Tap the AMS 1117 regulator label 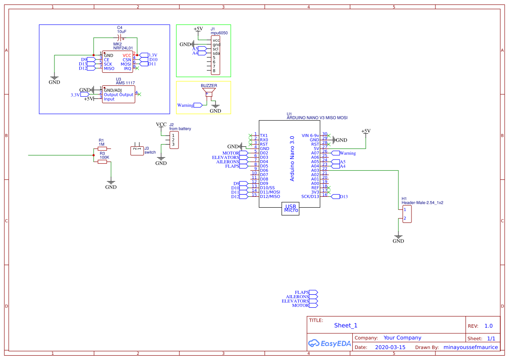(x=125, y=83)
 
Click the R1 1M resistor (x=102, y=149)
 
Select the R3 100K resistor (x=102, y=161)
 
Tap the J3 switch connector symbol (x=137, y=150)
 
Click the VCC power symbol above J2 (x=161, y=125)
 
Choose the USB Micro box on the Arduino (x=291, y=209)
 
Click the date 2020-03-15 (x=390, y=347)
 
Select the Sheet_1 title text (x=345, y=325)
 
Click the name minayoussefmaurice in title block (x=470, y=347)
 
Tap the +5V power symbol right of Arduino (x=366, y=131)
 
